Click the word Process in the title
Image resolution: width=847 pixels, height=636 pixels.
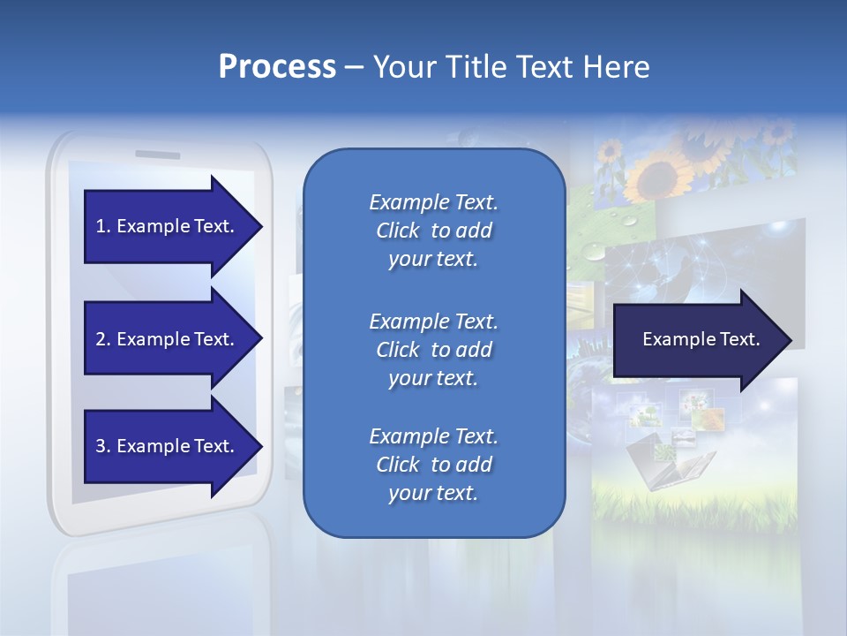point(277,67)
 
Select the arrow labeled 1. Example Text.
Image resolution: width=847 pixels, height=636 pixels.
point(165,226)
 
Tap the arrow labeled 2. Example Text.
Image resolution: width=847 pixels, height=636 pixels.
point(165,339)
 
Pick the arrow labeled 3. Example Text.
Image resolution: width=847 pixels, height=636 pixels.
point(165,446)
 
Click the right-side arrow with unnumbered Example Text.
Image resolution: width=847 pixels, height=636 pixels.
point(701,340)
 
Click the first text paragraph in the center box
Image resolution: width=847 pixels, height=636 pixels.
point(433,231)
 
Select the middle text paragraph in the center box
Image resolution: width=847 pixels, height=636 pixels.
point(433,350)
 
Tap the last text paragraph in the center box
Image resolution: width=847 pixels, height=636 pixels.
point(433,465)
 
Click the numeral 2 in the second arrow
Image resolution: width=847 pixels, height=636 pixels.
point(101,339)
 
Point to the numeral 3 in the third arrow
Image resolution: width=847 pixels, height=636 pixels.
point(101,446)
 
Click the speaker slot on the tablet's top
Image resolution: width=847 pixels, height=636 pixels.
point(157,155)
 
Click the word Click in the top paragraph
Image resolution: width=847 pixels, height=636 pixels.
point(398,231)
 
